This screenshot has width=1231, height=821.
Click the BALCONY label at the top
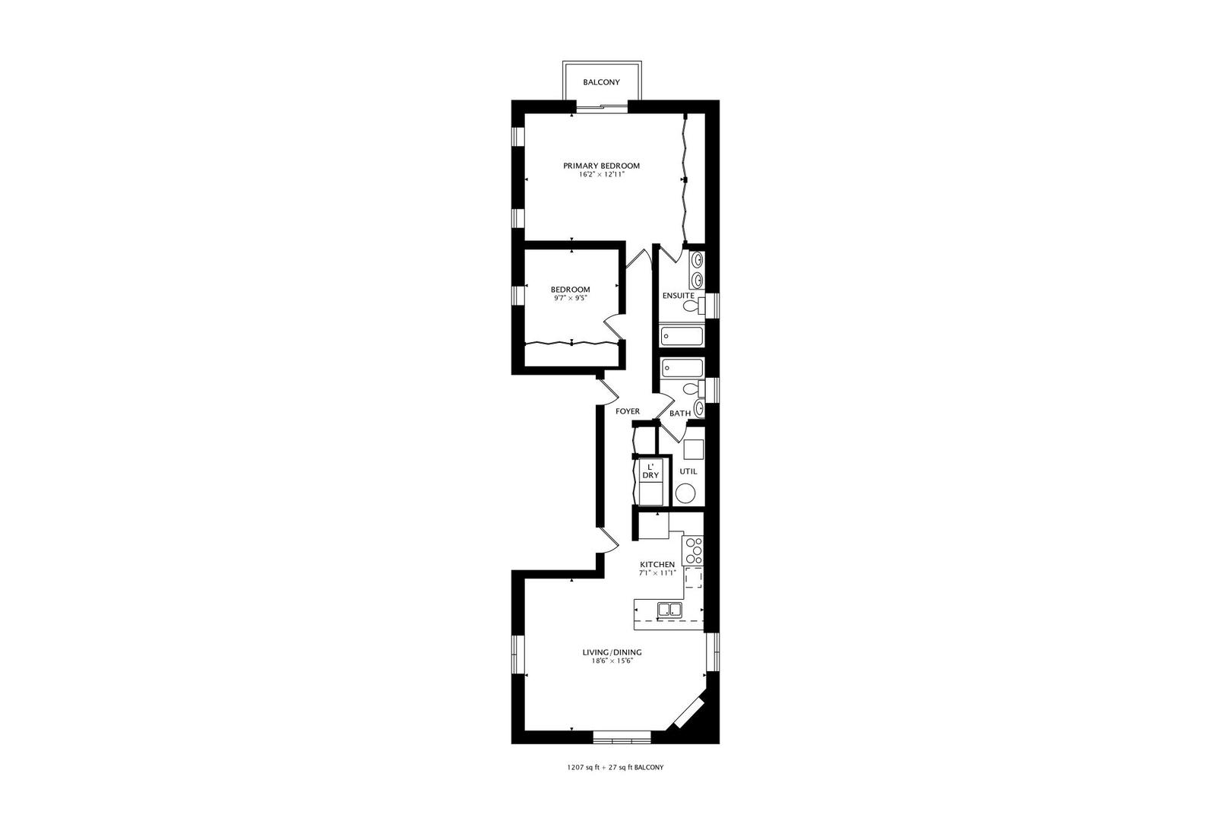(601, 82)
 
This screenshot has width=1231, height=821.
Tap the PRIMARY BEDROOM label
(601, 166)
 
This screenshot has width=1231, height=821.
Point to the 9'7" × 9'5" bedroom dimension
(570, 299)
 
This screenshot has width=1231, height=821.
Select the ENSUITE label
(678, 295)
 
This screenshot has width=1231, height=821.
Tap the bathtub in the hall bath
(682, 369)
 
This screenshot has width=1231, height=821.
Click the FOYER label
(628, 411)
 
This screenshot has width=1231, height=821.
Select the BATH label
(679, 414)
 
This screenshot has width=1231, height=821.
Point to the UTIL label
(688, 471)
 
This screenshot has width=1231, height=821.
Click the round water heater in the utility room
(685, 494)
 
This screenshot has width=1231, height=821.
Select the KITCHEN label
(657, 564)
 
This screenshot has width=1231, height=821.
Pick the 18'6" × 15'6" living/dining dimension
(612, 661)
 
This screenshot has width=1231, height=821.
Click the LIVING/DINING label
(612, 652)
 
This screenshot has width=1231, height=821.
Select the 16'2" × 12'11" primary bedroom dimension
(601, 175)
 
